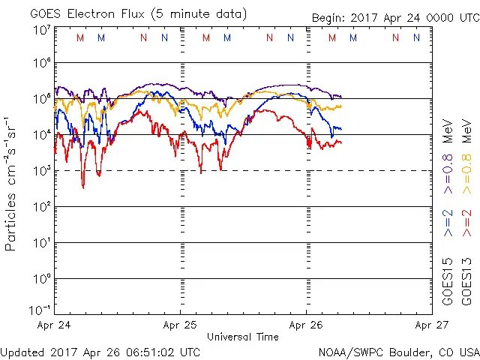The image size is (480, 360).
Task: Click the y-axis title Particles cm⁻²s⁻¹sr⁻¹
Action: coord(11,184)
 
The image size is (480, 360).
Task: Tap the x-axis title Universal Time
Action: coord(242,337)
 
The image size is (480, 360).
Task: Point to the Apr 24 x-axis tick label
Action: coord(53,325)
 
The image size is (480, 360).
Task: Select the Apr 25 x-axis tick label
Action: coord(180,325)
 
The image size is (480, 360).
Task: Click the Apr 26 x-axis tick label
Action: coord(306,325)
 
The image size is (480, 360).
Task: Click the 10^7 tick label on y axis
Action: coord(42,30)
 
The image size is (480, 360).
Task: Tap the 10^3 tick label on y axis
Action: coord(42,171)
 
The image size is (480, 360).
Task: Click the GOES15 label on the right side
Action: coord(448,282)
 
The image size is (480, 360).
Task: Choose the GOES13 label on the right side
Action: coord(466,282)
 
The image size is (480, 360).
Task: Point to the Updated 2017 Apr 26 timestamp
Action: coord(100,352)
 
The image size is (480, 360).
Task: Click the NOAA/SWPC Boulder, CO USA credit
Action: coord(398,352)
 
